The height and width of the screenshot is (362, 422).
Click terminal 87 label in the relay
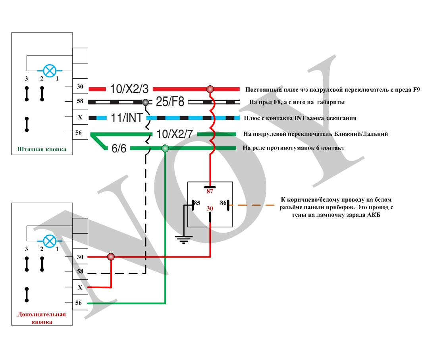[210, 191]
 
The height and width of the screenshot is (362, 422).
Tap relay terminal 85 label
[197, 203]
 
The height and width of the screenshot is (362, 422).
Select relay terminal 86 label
[224, 203]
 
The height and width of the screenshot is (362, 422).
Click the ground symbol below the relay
[183, 239]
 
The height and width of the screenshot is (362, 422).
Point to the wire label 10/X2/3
[129, 89]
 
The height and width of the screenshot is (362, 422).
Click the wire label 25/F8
[170, 102]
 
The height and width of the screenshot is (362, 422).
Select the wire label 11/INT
[127, 118]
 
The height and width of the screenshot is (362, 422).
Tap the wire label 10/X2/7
[175, 134]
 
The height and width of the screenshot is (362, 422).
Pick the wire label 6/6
[119, 148]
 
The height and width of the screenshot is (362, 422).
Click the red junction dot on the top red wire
[210, 89]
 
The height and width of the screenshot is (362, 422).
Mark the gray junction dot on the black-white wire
[145, 102]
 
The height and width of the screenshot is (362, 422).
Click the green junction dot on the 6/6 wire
[165, 148]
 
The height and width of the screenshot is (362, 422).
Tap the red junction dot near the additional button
[111, 257]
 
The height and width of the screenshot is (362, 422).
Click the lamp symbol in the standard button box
[50, 71]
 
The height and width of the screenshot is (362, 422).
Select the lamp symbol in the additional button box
[50, 241]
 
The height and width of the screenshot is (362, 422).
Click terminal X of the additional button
[80, 287]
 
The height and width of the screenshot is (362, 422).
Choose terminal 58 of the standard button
[80, 101]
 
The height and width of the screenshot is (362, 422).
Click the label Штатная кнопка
[42, 149]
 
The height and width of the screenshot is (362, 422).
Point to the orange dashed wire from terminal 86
[252, 205]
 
